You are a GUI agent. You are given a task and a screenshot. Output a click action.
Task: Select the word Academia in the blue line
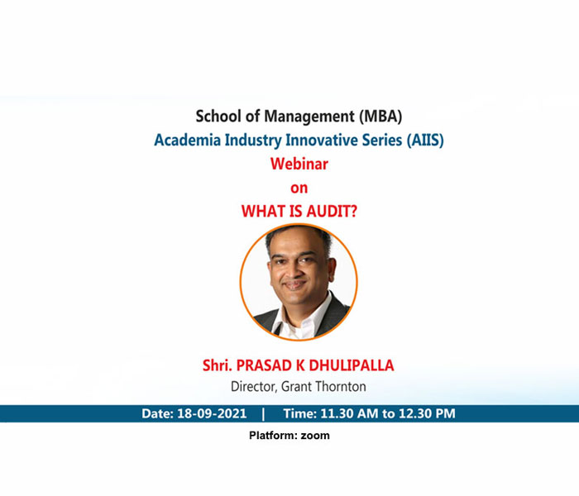187,140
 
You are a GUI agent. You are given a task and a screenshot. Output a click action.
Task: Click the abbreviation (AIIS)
425,141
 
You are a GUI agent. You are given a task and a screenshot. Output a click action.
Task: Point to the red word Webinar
299,164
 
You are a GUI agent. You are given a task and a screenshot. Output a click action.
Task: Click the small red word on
299,188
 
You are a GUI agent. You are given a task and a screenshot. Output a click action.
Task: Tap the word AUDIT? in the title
332,212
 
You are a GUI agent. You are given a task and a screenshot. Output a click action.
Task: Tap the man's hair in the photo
295,238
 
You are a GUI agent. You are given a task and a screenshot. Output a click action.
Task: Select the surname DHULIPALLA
352,365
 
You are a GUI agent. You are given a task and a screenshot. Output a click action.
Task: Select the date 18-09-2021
212,413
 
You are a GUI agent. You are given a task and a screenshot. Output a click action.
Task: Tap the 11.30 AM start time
349,413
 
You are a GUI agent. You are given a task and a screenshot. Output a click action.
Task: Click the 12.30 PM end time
427,413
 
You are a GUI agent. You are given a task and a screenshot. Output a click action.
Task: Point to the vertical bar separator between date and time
263,413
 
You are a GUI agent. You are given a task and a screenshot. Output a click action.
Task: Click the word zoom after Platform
315,436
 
